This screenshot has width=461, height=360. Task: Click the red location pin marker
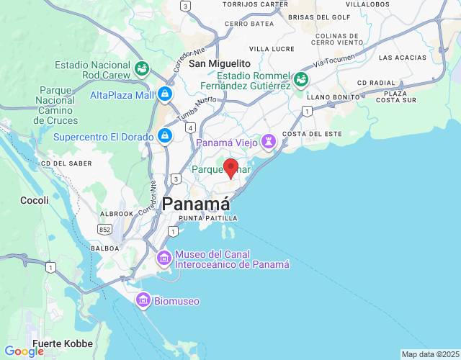(231, 168)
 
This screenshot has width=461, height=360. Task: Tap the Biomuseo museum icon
(143, 300)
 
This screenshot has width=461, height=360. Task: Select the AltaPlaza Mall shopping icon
(165, 94)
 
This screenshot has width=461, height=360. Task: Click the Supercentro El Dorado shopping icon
(165, 135)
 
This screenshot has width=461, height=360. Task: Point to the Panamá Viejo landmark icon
(269, 142)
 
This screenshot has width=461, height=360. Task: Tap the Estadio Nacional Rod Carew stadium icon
(143, 68)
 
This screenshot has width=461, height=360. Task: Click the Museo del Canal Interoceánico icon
(164, 257)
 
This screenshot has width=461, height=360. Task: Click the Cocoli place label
(35, 200)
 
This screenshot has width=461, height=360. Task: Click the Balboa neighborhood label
(106, 248)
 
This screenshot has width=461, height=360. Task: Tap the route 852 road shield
(105, 228)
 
